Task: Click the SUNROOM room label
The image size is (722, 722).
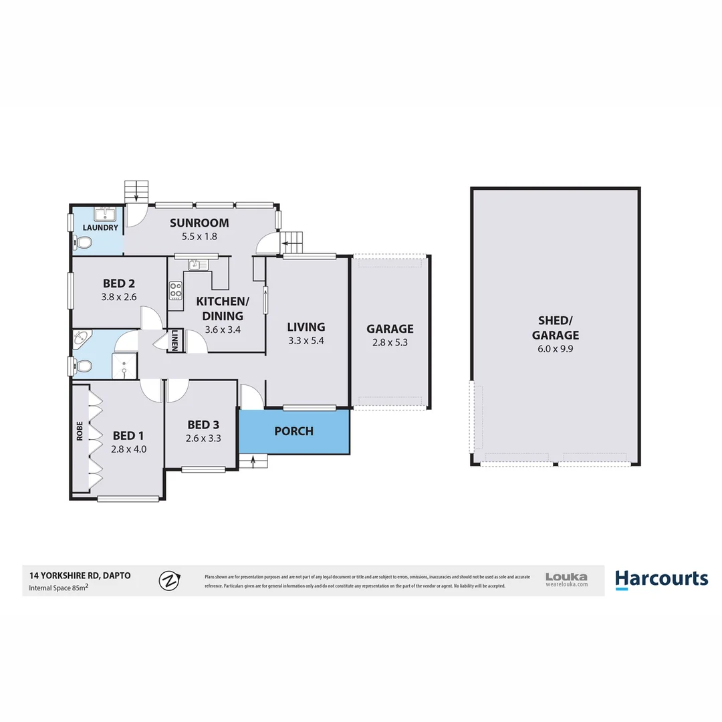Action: click(x=199, y=223)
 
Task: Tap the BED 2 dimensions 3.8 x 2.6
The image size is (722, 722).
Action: click(x=118, y=297)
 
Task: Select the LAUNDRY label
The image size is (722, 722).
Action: click(x=100, y=228)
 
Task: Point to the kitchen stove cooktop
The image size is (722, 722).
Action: click(x=175, y=290)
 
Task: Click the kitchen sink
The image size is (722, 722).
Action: click(x=195, y=264)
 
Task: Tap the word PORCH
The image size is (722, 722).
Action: click(x=293, y=431)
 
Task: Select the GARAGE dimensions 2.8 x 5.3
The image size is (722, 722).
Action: click(x=390, y=343)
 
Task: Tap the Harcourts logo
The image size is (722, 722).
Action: click(x=661, y=579)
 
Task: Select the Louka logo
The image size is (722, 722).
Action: click(x=566, y=579)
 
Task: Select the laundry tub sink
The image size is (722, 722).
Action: click(x=105, y=214)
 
